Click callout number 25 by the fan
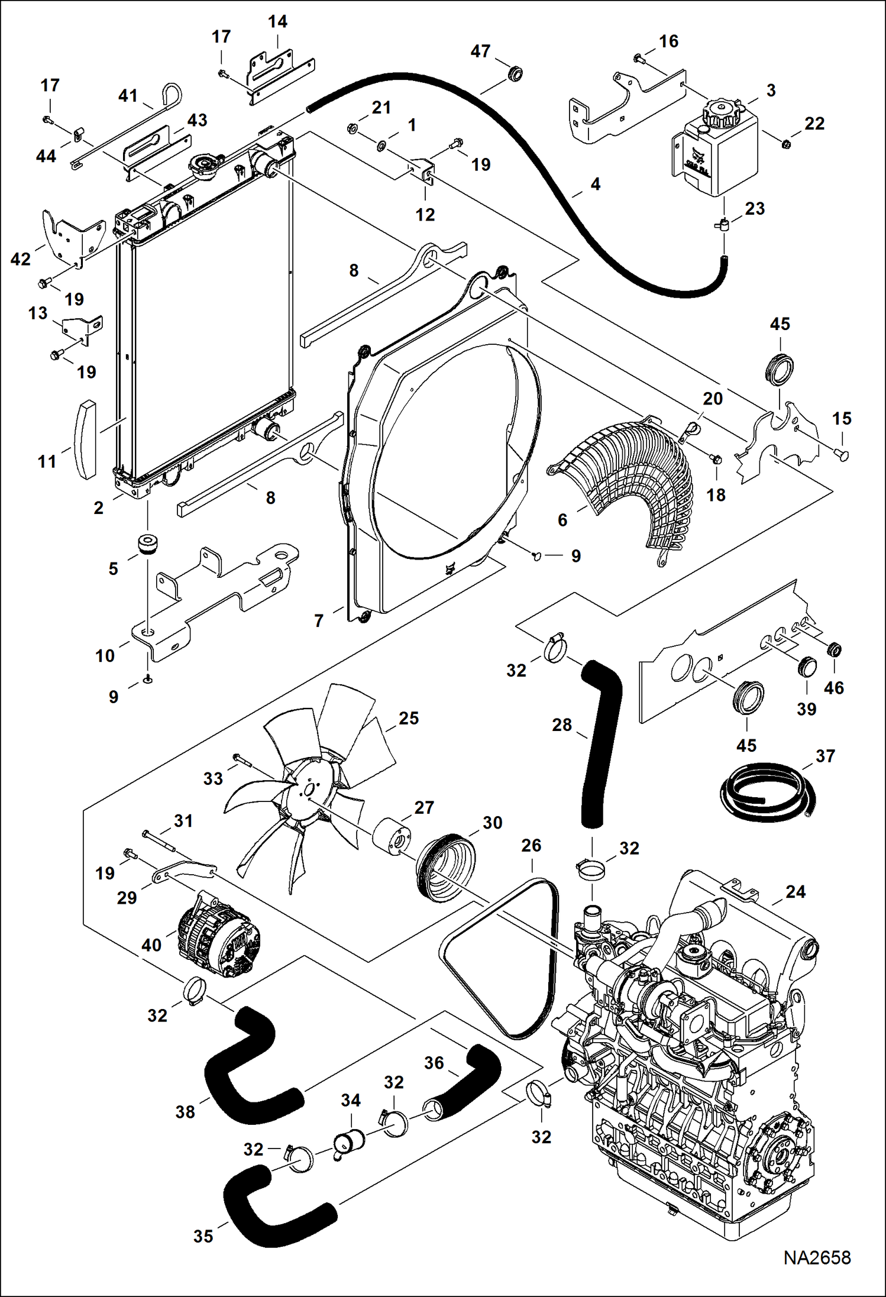(408, 718)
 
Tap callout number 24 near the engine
(795, 891)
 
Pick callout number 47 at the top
(480, 51)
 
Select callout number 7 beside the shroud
(319, 620)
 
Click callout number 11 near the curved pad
(47, 461)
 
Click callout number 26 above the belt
(531, 845)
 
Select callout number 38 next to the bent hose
(185, 1112)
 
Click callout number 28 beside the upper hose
(561, 725)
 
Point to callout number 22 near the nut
(814, 123)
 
